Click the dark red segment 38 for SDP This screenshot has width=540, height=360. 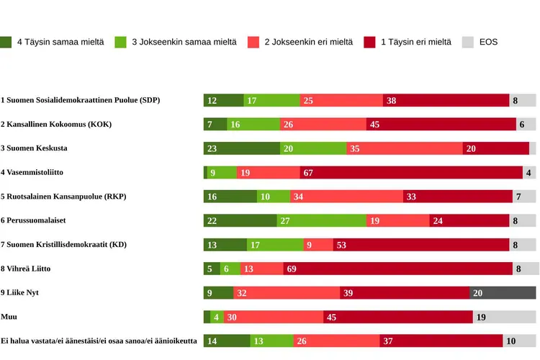pyautogui.click(x=446, y=101)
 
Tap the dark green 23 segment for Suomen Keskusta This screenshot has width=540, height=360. pyautogui.click(x=241, y=148)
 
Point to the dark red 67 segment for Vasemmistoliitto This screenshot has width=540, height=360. pyautogui.click(x=410, y=173)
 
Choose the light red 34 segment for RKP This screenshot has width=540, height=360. pyautogui.click(x=346, y=197)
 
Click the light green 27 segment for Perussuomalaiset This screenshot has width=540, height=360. pyautogui.click(x=321, y=221)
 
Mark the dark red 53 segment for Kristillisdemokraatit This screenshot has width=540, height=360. pyautogui.click(x=420, y=245)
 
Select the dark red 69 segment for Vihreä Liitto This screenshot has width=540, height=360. pyautogui.click(x=397, y=269)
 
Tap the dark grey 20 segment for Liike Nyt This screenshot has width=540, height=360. pyautogui.click(x=503, y=293)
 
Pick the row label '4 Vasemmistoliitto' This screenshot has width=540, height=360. pyautogui.click(x=32, y=173)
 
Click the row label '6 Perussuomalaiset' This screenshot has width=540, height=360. pyautogui.click(x=35, y=221)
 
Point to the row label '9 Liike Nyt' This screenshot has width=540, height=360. pyautogui.click(x=19, y=293)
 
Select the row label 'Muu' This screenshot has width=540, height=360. pyautogui.click(x=9, y=317)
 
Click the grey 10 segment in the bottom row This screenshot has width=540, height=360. pyautogui.click(x=519, y=341)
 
